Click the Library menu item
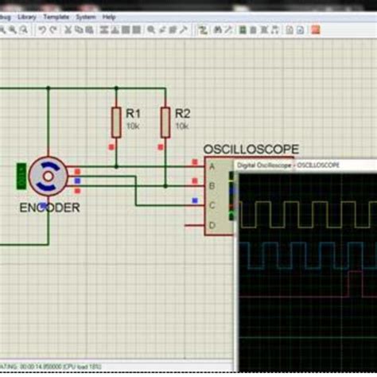[x=26, y=16]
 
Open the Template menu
[x=56, y=16]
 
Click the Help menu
[x=109, y=16]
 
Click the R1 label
[x=133, y=113]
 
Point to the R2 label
[x=182, y=113]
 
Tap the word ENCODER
[x=49, y=208]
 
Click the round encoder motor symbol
[x=47, y=176]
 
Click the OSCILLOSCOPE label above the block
[x=251, y=149]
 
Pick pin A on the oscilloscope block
[x=212, y=166]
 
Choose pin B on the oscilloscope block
[x=212, y=185]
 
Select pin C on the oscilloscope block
[x=212, y=205]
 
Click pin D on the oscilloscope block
[x=212, y=226]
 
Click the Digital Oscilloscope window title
[x=288, y=165]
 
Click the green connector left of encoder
[x=21, y=176]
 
